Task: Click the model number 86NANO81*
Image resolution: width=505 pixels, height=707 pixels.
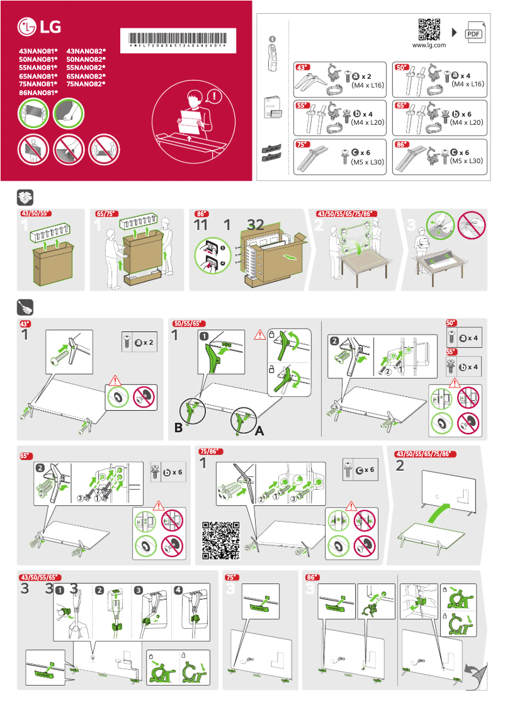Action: [x=38, y=93]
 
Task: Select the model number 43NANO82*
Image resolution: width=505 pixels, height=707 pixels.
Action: [x=86, y=50]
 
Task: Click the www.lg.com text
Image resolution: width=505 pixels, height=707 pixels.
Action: [x=429, y=45]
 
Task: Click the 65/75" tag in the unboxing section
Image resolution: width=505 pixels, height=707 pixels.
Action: [x=106, y=214]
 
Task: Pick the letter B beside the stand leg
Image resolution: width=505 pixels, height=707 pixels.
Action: [x=179, y=428]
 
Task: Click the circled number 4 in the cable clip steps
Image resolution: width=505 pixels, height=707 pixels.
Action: [x=179, y=590]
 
